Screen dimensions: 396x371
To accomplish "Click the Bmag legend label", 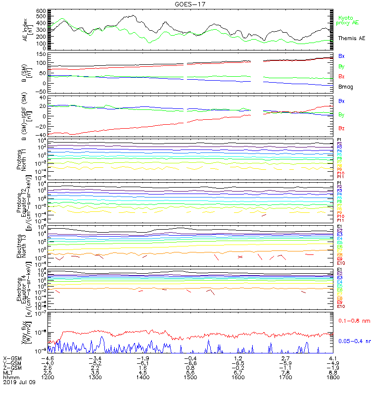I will (345, 87).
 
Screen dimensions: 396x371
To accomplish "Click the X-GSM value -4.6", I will (47, 358).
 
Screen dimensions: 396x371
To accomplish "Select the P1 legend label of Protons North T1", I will (339, 140).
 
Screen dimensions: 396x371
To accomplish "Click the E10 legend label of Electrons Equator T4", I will (341, 306).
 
